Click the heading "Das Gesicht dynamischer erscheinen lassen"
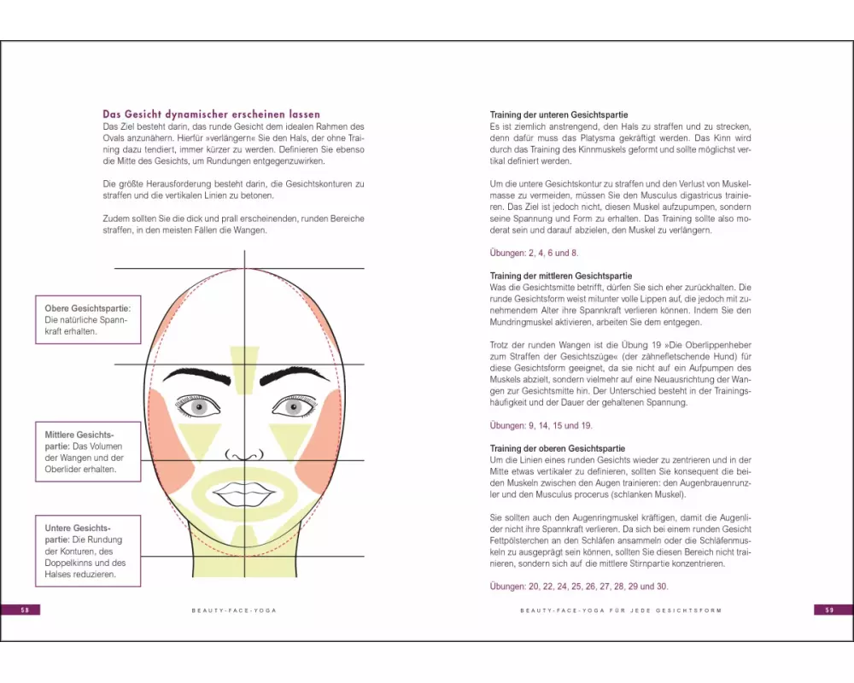coord(211,114)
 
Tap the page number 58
coord(25,610)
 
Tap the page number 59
coord(829,610)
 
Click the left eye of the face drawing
coord(199,406)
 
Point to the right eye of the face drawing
coord(294,406)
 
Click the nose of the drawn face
coord(244,455)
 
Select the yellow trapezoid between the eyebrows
coord(244,371)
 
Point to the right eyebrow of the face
coord(294,375)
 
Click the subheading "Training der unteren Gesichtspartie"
coord(559,115)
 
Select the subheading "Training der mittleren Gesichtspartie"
coord(561,276)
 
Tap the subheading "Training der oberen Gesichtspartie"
coord(557,449)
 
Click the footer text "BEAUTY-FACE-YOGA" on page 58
coord(234,610)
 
